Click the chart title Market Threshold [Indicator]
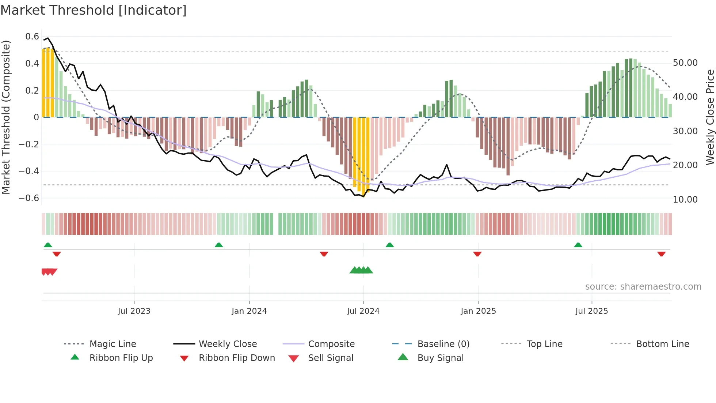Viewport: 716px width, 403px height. tap(94, 10)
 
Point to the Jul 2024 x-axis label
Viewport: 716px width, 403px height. tap(363, 311)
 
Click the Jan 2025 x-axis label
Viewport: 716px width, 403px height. tap(478, 311)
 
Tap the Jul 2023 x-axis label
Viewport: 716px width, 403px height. tap(134, 311)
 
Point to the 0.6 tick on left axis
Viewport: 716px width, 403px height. tap(32, 37)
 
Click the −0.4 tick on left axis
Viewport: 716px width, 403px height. tap(29, 171)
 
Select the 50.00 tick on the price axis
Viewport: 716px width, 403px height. tap(685, 63)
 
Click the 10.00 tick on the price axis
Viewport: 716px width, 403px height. tap(685, 199)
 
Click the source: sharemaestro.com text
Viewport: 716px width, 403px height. tap(643, 286)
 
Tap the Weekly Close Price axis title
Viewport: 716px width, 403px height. tap(710, 117)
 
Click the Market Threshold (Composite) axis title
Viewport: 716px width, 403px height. tap(6, 117)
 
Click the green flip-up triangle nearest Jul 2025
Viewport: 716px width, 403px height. tap(578, 245)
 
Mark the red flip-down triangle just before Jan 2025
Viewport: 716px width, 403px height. tap(477, 254)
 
